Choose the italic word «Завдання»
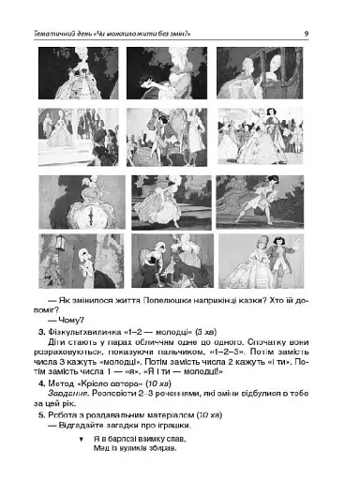tap(67, 421)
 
